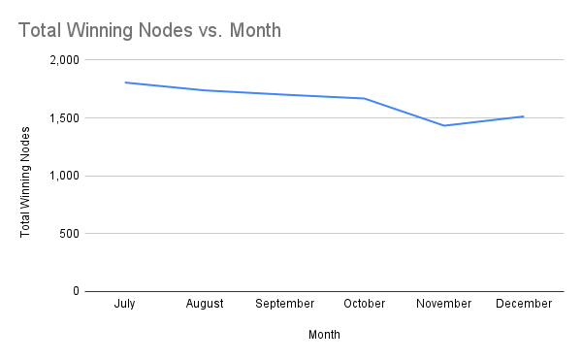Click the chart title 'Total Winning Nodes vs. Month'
149,30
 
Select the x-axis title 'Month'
324,335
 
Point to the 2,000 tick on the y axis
65,60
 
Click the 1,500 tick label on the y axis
65,118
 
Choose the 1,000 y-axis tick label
65,176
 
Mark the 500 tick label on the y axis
70,234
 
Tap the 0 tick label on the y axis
76,291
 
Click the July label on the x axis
124,304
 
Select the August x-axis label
205,304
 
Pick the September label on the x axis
284,304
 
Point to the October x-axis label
364,304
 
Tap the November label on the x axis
443,304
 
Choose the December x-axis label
524,304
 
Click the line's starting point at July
125,82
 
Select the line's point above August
205,90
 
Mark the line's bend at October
364,98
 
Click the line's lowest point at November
443,125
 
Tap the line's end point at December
524,116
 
